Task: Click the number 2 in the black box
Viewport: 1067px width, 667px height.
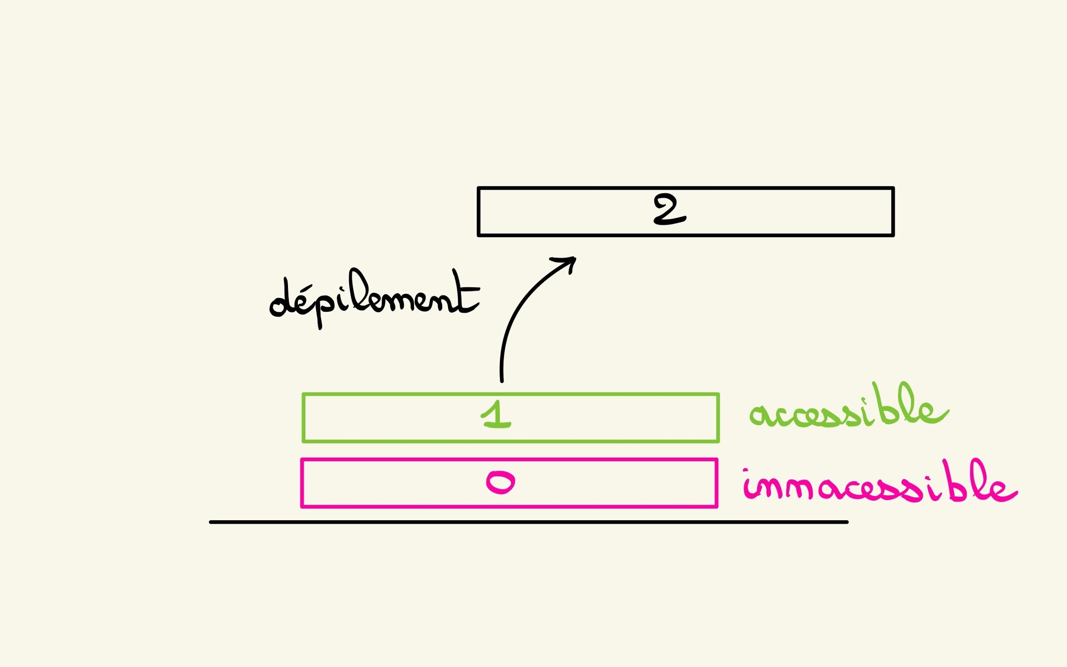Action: click(x=669, y=210)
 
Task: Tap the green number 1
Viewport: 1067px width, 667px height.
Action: click(x=496, y=415)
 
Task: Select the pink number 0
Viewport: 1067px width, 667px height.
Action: click(x=500, y=482)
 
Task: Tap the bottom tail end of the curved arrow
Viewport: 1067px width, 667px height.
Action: click(x=502, y=380)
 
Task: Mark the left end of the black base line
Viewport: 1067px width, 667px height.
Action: click(x=211, y=522)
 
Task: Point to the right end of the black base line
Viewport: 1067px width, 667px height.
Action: click(x=847, y=522)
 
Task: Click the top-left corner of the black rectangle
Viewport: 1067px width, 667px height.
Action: click(x=479, y=188)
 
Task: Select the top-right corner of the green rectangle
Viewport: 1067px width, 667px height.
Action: click(x=718, y=394)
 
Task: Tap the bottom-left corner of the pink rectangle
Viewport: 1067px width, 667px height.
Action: click(x=302, y=506)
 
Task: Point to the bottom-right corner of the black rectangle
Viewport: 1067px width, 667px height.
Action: click(x=893, y=235)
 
